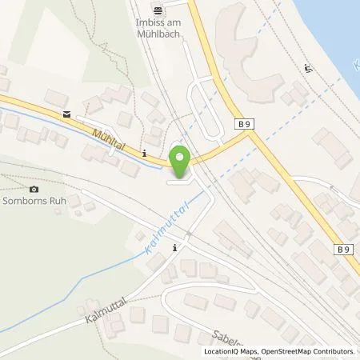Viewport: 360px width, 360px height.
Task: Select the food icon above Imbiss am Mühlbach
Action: (158, 9)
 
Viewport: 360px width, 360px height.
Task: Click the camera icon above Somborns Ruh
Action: (33, 190)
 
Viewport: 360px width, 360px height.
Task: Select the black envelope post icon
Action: (66, 114)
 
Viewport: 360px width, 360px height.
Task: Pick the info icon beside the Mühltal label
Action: (143, 152)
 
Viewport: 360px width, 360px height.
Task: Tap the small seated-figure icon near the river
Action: (309, 69)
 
